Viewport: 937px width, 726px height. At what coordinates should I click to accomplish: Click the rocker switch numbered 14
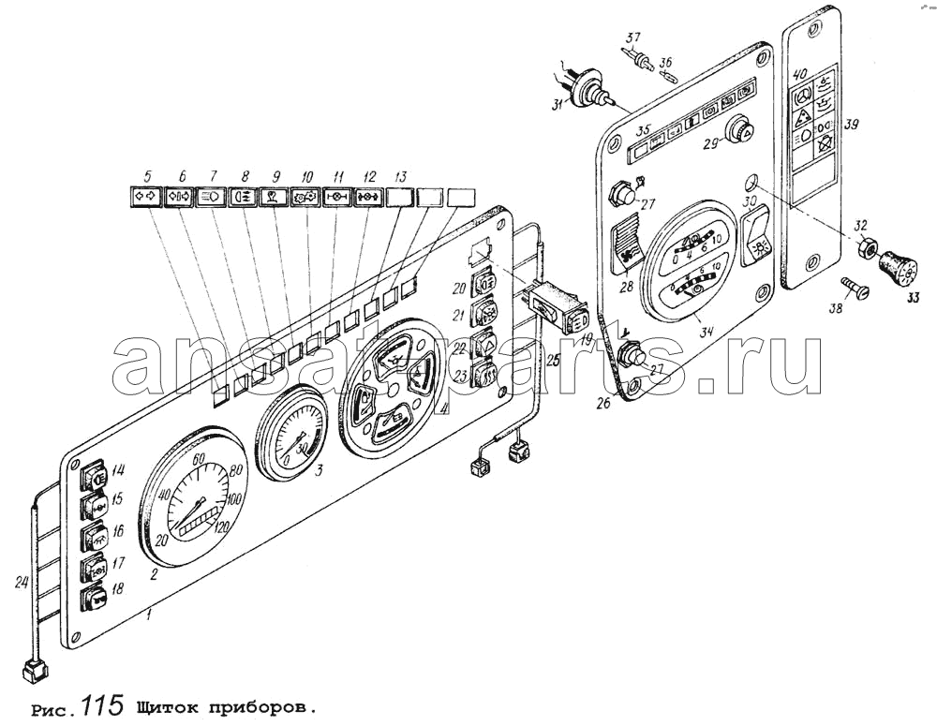95,477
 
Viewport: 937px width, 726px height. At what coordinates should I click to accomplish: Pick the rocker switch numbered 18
95,598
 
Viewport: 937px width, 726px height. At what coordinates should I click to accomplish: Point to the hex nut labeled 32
868,251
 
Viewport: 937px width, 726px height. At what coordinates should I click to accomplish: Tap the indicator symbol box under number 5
146,198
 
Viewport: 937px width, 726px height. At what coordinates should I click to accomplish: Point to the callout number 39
852,125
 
